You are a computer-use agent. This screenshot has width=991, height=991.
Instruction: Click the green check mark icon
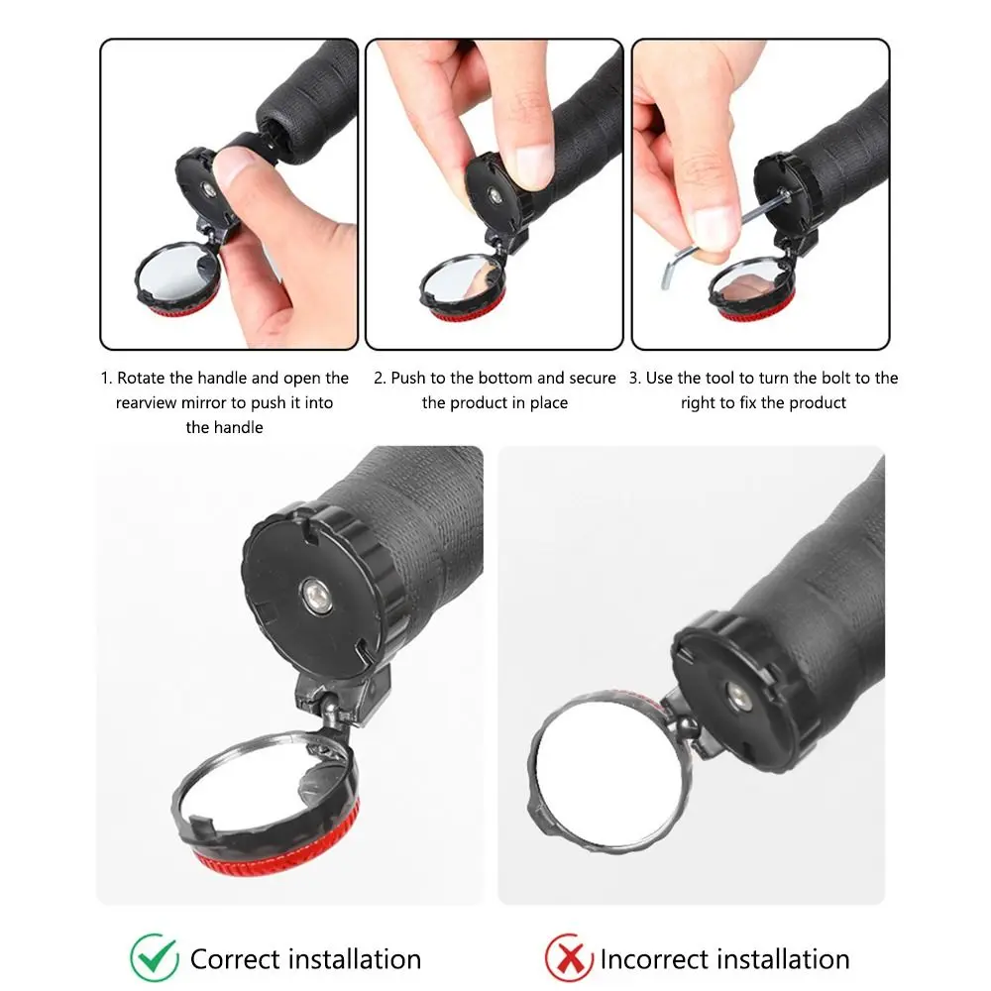coord(155,957)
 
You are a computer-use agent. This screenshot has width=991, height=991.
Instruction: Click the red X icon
coord(569,958)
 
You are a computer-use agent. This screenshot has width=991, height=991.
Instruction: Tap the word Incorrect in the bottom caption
coord(655,959)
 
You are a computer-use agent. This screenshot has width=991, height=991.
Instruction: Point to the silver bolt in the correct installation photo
coord(315,595)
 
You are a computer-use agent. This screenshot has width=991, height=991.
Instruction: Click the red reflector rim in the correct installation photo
coord(278,853)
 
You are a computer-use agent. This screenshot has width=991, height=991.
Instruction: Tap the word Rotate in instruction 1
coord(142,378)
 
